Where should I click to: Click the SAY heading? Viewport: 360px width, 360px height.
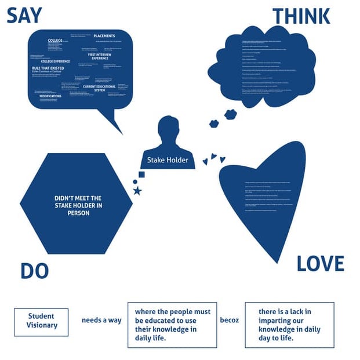[24, 16]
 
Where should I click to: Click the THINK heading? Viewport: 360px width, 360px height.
[301, 16]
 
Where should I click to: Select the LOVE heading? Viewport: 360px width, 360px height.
[320, 264]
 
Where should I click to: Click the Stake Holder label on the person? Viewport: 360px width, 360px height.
[168, 160]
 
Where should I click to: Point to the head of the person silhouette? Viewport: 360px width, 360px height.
[169, 127]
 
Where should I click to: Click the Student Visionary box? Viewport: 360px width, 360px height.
[41, 321]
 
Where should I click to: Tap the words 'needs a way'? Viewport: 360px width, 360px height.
[101, 320]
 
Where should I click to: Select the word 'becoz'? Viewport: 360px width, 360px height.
[230, 320]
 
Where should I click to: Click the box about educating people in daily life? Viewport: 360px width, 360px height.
[172, 325]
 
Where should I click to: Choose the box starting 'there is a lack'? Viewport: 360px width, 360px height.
[289, 325]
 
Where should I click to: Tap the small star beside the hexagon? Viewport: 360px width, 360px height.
[137, 191]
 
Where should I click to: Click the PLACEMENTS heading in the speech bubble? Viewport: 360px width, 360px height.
[104, 36]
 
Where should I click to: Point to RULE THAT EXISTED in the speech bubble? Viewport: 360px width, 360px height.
[48, 68]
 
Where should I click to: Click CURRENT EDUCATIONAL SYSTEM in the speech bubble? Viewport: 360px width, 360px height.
[99, 88]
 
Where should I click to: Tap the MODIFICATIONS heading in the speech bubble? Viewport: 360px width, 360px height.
[50, 96]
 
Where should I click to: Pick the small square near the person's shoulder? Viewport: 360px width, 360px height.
[141, 174]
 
